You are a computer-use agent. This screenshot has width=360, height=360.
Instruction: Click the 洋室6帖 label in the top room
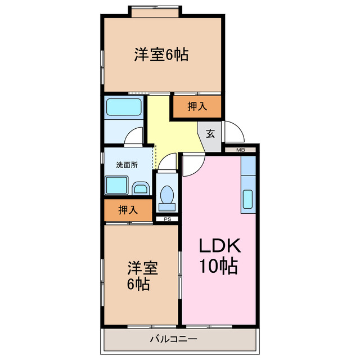click(161, 55)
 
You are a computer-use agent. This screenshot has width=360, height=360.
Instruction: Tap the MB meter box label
click(241, 150)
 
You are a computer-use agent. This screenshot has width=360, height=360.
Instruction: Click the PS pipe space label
click(167, 219)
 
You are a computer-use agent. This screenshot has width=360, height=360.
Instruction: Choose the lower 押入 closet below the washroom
click(128, 210)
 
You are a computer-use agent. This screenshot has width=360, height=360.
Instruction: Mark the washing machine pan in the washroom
click(117, 184)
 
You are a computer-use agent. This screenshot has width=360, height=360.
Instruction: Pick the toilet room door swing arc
click(166, 163)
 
